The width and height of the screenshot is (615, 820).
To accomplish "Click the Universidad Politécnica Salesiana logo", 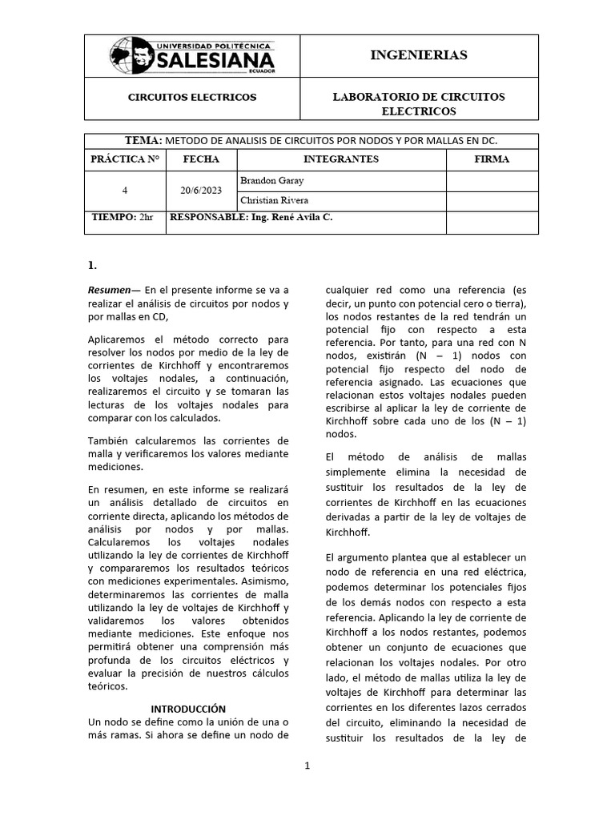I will [192, 55].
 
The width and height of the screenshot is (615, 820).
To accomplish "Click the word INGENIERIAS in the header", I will [418, 55].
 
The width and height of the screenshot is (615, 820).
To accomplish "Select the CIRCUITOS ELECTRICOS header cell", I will [192, 97].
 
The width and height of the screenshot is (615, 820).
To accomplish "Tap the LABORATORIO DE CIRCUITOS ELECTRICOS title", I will [418, 103].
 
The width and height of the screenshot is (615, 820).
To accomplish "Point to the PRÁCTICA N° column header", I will [125, 159].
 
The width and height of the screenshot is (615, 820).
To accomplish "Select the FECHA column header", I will [201, 159].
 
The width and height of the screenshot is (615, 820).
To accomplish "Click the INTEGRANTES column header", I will [341, 159].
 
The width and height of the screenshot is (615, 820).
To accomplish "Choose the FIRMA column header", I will [492, 159].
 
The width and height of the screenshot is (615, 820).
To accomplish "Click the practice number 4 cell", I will [125, 191].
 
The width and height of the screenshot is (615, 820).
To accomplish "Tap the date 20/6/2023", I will [201, 191].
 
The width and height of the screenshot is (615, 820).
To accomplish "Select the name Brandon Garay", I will [267, 181].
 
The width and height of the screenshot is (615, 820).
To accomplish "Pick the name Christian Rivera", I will [269, 200].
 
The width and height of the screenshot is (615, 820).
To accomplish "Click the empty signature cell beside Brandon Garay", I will [492, 181].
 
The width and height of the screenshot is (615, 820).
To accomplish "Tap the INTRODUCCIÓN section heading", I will [189, 709].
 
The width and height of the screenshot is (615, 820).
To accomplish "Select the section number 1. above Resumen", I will [92, 264].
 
